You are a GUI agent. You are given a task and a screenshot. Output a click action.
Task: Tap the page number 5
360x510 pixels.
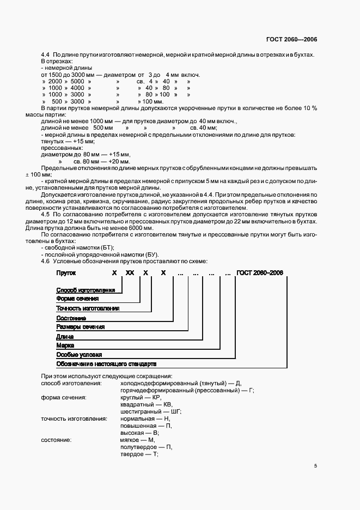(x=315, y=466)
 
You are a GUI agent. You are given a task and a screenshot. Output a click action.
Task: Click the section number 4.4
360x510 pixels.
(x=46, y=55)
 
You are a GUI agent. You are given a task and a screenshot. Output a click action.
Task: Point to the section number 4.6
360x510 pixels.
(x=46, y=262)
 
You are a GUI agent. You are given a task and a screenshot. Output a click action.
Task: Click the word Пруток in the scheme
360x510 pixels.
(x=66, y=272)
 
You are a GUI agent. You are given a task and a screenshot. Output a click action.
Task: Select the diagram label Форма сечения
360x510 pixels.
(x=77, y=299)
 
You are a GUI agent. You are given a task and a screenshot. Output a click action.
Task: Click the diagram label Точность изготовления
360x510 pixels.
(x=88, y=308)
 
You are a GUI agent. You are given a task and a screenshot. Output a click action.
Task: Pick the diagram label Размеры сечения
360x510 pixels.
(x=80, y=326)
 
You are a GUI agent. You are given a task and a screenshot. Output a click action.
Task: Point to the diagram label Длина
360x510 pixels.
(x=65, y=336)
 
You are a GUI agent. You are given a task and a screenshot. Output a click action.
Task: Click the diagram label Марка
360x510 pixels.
(x=65, y=345)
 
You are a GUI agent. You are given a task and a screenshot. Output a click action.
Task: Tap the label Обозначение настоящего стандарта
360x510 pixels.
(x=106, y=363)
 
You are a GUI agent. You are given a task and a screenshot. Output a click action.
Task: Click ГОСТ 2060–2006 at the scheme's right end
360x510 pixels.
(x=260, y=272)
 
